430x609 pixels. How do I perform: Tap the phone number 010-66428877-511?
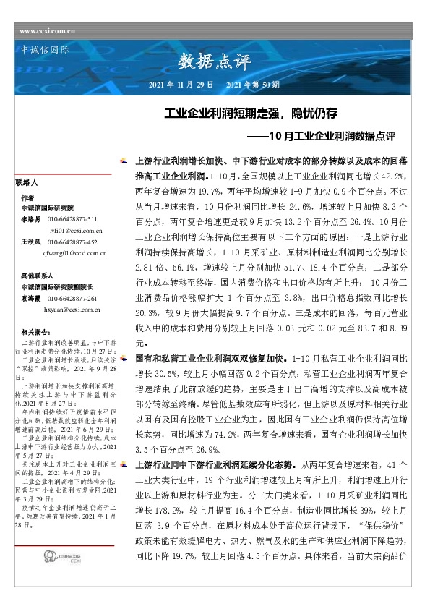(72, 218)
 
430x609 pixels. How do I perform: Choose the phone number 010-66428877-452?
(72, 242)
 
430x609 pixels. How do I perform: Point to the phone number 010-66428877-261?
(72, 298)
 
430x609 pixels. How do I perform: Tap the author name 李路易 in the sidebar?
(30, 218)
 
